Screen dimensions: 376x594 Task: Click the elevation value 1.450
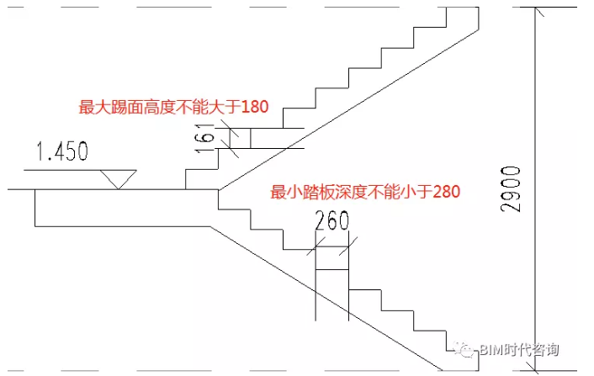point(62,151)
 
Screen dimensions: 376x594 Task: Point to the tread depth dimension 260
point(331,223)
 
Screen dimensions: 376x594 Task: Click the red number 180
point(254,107)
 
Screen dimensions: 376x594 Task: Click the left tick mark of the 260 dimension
point(315,246)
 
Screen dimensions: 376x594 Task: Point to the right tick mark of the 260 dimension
point(347,246)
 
